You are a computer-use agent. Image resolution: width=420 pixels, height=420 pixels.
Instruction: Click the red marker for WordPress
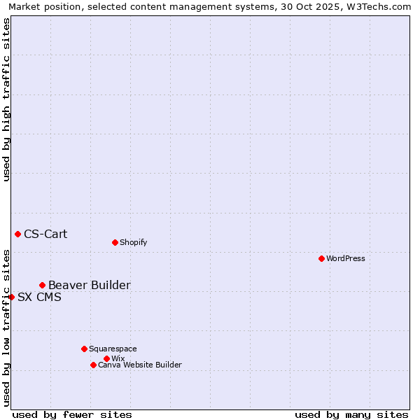(321, 258)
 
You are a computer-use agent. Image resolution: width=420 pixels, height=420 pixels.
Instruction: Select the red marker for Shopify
(115, 242)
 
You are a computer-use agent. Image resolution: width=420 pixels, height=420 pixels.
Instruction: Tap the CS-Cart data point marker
(17, 234)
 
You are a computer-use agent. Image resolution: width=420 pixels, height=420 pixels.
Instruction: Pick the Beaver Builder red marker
(42, 285)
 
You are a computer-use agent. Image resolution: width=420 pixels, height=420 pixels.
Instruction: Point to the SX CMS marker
(11, 297)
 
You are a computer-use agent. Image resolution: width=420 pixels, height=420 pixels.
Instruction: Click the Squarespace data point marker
(84, 349)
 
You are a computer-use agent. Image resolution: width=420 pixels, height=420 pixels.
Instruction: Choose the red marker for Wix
(106, 358)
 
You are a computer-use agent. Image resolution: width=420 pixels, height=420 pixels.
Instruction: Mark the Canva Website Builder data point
(93, 365)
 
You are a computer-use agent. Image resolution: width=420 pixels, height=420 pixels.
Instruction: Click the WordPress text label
(346, 258)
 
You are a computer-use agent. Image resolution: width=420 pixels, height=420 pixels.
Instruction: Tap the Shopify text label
(134, 242)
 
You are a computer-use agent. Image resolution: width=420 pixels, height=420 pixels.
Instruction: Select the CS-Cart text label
(45, 234)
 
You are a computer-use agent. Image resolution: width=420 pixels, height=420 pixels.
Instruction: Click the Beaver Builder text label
(89, 285)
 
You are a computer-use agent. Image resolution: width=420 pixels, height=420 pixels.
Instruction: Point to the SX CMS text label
(39, 297)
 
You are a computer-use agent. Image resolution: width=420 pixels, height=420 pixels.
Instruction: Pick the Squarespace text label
(113, 349)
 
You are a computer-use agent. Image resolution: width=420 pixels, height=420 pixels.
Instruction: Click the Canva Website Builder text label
(140, 365)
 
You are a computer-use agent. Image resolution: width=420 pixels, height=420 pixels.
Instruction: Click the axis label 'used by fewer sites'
(72, 414)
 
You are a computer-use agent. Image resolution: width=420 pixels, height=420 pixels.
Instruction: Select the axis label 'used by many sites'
(351, 414)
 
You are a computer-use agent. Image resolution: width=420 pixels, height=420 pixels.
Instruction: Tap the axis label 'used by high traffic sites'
(6, 99)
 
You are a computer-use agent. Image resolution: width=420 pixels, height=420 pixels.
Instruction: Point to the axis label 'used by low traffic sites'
(6, 327)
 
